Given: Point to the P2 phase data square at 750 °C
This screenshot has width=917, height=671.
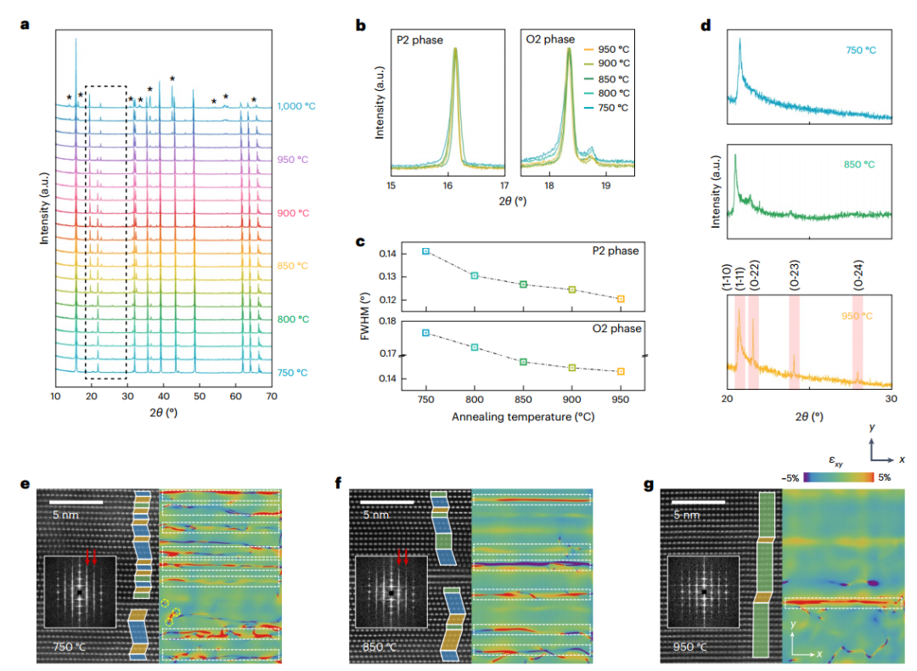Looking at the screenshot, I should pos(426,251).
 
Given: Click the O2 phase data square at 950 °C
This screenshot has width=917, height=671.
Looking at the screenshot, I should pos(622,371).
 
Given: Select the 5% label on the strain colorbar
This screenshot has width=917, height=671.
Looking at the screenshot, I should pos(885,477).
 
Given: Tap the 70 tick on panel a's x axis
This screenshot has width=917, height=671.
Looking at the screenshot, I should pos(272,396).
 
